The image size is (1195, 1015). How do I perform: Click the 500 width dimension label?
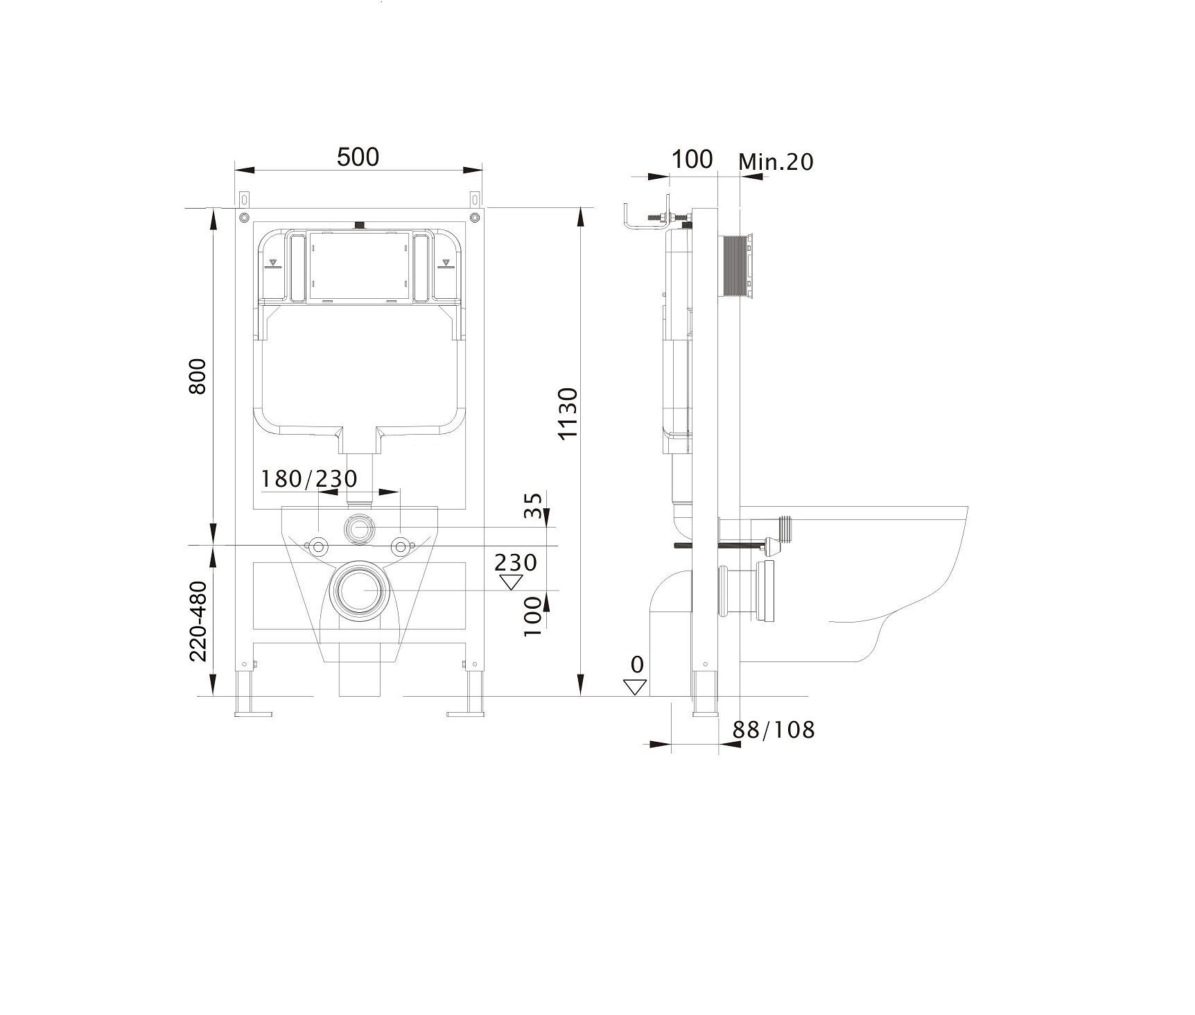358,157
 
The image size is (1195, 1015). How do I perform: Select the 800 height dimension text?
198,376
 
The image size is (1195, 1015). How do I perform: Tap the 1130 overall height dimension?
568,413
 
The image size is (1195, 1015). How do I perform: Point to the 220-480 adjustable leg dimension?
199,621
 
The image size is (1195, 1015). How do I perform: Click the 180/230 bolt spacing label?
309,478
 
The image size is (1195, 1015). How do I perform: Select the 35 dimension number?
532,506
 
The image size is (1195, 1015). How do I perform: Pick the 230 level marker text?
516,562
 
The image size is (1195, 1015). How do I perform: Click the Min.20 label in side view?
776,162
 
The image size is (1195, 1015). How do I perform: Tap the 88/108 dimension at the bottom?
774,729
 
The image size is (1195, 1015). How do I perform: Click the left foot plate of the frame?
252,713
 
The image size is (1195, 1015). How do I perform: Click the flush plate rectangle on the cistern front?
358,268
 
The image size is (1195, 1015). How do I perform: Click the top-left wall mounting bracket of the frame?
244,198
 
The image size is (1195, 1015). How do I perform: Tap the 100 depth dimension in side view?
692,159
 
